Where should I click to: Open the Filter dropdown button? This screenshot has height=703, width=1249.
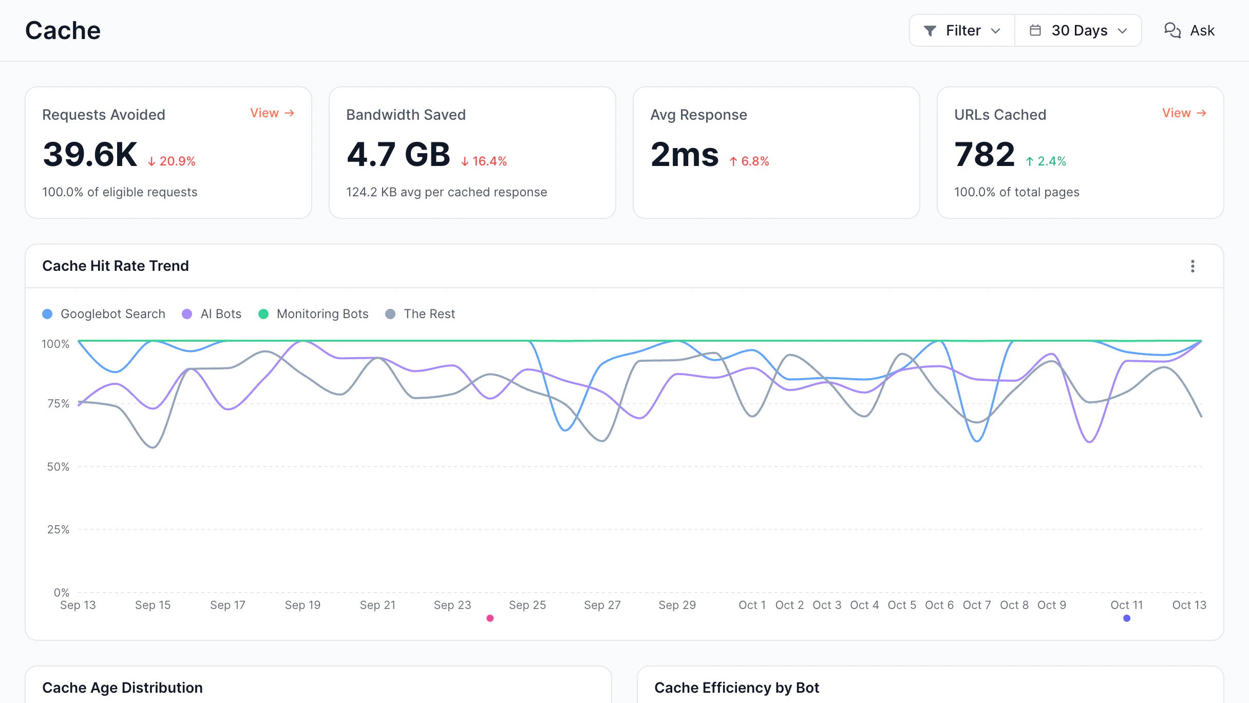click(962, 30)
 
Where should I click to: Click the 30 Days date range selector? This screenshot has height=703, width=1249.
click(1078, 30)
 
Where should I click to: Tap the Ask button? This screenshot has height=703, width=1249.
click(1189, 30)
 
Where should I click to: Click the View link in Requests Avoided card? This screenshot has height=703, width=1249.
click(272, 113)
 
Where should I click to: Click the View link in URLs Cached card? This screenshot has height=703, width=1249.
click(1184, 113)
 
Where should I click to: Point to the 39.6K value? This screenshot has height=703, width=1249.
click(90, 154)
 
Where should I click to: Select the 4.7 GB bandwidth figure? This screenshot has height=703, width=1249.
click(398, 154)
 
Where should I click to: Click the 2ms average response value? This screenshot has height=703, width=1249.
click(685, 154)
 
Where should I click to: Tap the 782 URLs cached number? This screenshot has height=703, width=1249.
click(985, 154)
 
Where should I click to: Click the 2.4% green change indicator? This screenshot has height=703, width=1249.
click(1046, 161)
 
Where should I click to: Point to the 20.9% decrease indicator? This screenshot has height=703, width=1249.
click(172, 161)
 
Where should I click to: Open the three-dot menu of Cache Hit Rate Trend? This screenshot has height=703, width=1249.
click(1193, 266)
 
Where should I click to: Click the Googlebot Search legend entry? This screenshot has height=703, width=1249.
click(104, 314)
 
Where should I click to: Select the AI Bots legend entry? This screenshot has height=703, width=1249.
click(212, 314)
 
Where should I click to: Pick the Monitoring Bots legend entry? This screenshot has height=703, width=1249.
click(313, 314)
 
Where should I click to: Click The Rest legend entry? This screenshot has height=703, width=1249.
click(420, 314)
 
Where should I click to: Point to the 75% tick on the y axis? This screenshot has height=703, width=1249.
click(58, 404)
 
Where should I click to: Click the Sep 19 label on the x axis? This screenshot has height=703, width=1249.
click(302, 605)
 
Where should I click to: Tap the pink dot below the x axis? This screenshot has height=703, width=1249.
click(490, 618)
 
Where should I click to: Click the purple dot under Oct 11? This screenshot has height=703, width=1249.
click(1127, 618)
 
